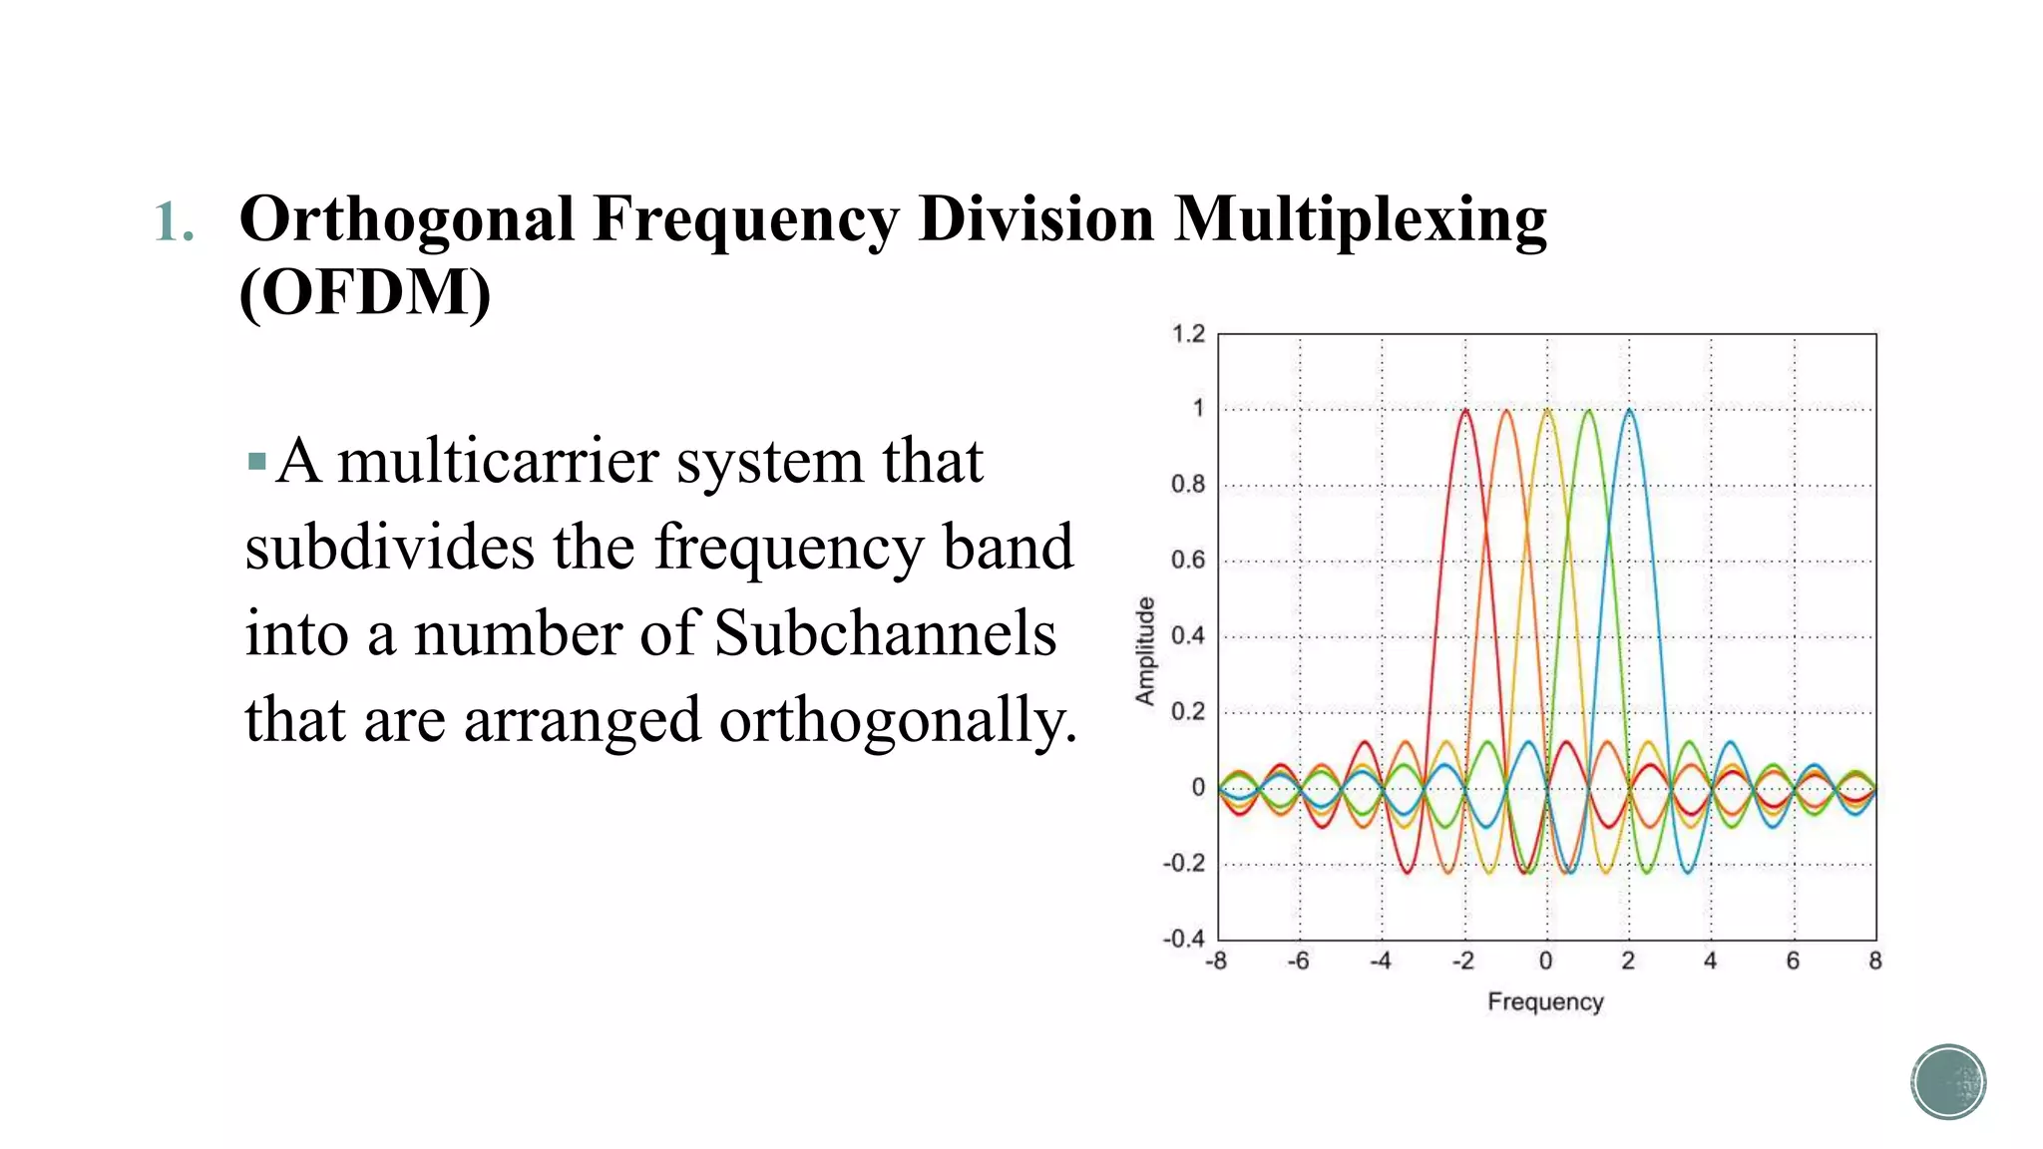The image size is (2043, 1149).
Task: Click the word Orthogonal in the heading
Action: pos(407,220)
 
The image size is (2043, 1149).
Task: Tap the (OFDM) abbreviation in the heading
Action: pos(365,292)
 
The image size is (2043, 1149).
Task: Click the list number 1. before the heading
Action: pos(174,221)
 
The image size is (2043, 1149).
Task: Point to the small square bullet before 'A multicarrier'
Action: pos(257,462)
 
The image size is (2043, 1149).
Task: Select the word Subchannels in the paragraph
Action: pos(886,634)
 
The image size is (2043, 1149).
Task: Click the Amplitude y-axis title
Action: pos(1145,651)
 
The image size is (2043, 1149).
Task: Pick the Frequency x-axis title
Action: pos(1545,1001)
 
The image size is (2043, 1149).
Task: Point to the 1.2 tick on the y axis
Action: pos(1188,334)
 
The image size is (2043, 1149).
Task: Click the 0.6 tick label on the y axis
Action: pos(1188,561)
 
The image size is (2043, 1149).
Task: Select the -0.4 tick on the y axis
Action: pos(1184,939)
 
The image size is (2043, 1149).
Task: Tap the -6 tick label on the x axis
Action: pos(1297,961)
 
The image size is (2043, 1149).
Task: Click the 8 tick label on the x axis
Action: pos(1874,961)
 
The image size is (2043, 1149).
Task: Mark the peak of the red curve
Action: pos(1465,410)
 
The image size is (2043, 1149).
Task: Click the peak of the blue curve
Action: pos(1629,410)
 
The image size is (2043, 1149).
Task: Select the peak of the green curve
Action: pos(1588,410)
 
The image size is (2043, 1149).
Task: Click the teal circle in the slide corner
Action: pos(1948,1082)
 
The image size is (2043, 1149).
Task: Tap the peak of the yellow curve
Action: pos(1547,410)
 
